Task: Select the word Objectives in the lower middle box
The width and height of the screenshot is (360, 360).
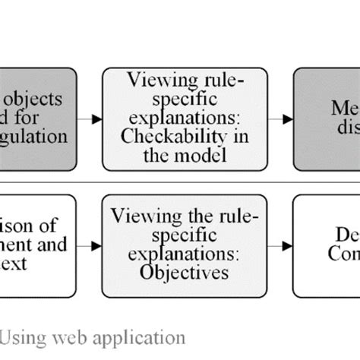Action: pyautogui.click(x=185, y=272)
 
